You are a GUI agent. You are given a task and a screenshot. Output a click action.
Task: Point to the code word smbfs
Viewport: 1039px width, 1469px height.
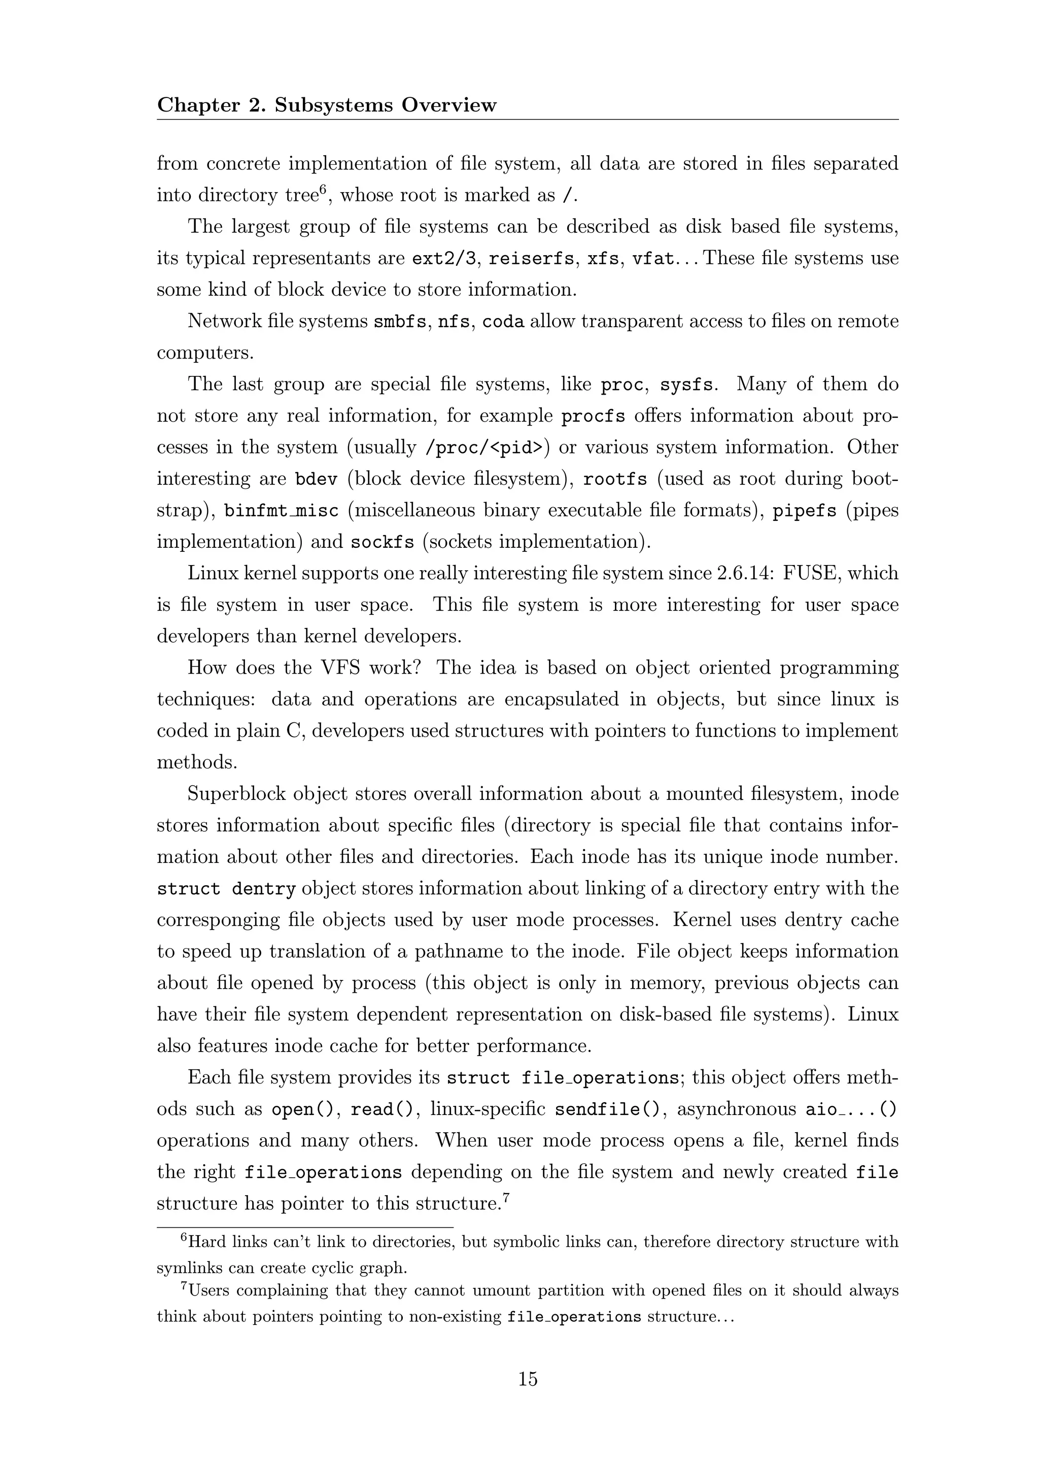(400, 322)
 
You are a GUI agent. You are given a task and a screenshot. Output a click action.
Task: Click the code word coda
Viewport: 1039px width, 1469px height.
(503, 322)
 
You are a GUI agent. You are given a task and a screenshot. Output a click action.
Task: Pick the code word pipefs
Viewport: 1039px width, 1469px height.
(804, 511)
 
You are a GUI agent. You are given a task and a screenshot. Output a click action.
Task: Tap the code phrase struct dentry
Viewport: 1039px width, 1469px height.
(226, 889)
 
